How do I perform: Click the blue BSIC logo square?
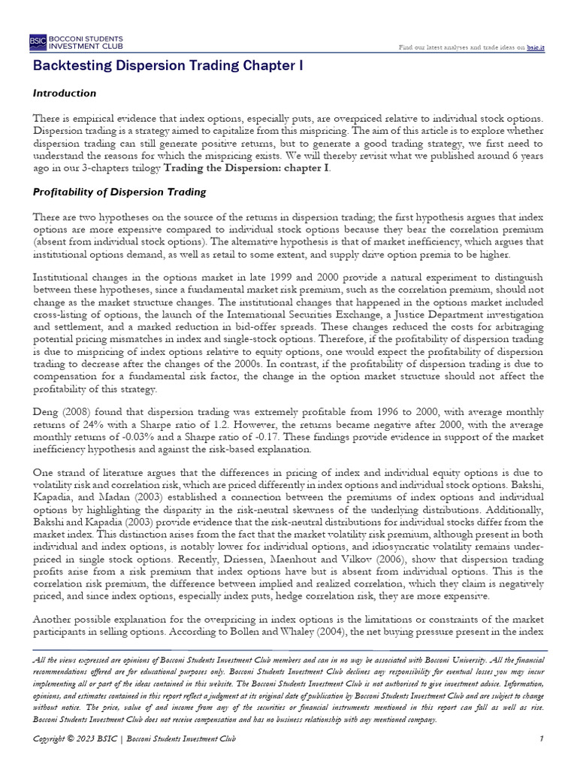point(38,42)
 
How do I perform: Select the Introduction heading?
point(65,93)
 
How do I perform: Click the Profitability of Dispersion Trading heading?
point(119,192)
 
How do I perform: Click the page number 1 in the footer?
point(542,740)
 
